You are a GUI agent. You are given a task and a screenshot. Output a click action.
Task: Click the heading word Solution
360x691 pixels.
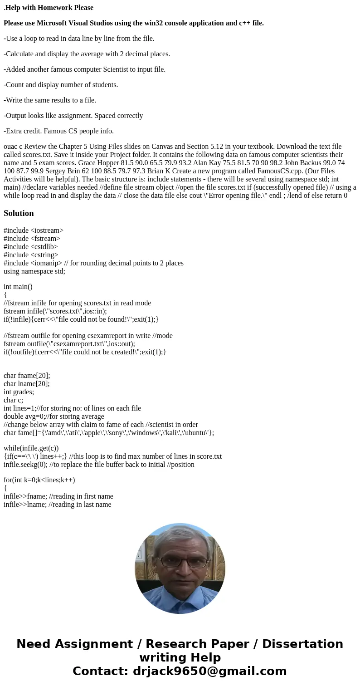[x=19, y=213]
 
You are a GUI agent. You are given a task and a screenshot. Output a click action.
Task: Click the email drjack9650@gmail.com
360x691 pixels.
[x=210, y=671]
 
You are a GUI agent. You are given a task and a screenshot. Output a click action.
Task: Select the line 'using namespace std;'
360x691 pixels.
[x=34, y=271]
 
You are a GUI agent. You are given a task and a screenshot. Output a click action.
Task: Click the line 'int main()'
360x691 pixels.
[x=18, y=287]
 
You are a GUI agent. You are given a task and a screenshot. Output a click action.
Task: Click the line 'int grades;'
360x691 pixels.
[x=19, y=392]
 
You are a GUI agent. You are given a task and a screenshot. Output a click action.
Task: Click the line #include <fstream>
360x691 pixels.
[x=32, y=239]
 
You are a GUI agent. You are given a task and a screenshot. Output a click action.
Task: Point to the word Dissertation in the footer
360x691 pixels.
[x=302, y=644]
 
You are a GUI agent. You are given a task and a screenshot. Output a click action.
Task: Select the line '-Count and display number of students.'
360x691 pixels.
[x=61, y=85]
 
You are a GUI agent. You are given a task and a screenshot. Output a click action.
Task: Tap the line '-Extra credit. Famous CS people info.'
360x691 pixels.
[x=58, y=131]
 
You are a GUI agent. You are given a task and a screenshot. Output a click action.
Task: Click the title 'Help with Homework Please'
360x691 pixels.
[x=49, y=8]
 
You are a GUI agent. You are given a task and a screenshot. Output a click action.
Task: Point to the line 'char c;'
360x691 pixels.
[x=13, y=400]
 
